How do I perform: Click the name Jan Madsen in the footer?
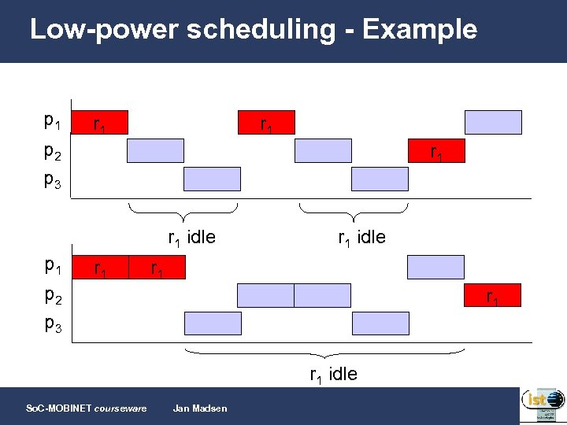tap(199, 408)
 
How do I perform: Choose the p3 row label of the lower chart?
tap(53, 325)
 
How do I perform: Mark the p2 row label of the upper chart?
tap(53, 151)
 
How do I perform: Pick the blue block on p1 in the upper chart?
tap(493, 122)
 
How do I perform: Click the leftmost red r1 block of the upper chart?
tap(99, 123)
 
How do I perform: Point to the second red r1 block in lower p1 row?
tap(157, 267)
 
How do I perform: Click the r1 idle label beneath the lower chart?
tap(332, 374)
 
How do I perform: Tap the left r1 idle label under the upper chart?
tap(191, 236)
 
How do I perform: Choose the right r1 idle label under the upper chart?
tap(361, 236)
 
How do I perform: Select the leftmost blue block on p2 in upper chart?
tap(155, 150)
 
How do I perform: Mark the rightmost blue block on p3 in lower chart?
tap(380, 323)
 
